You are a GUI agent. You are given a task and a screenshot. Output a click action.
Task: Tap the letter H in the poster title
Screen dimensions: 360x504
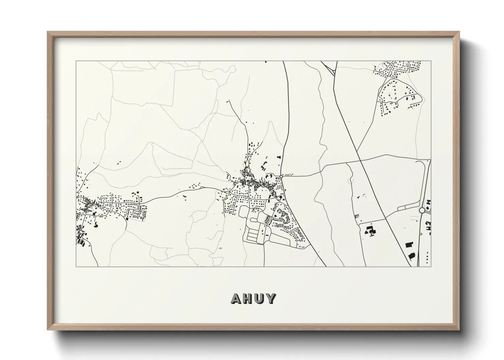pyautogui.click(x=249, y=298)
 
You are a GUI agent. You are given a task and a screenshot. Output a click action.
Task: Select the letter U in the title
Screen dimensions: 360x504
pyautogui.click(x=261, y=298)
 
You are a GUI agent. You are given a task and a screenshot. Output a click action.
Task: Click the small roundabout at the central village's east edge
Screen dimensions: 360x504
pyautogui.click(x=281, y=176)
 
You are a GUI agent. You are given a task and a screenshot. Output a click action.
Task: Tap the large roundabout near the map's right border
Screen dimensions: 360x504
pyautogui.click(x=422, y=210)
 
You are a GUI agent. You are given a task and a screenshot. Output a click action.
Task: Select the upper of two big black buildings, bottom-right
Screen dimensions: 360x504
pyautogui.click(x=409, y=244)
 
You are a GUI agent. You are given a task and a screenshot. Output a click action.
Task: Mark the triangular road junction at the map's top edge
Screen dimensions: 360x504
pyautogui.click(x=330, y=68)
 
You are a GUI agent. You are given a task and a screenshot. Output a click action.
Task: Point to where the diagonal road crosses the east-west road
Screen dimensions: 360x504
pyautogui.click(x=360, y=160)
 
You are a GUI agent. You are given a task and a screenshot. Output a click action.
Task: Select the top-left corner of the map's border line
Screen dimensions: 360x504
pyautogui.click(x=76, y=61)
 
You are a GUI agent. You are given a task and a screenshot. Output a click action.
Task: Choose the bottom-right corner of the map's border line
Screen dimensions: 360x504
pyautogui.click(x=431, y=266)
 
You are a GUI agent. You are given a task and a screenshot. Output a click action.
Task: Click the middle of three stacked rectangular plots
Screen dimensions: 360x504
pyautogui.click(x=252, y=234)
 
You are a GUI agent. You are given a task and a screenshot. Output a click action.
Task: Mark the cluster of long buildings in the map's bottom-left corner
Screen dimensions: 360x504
pyautogui.click(x=82, y=241)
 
